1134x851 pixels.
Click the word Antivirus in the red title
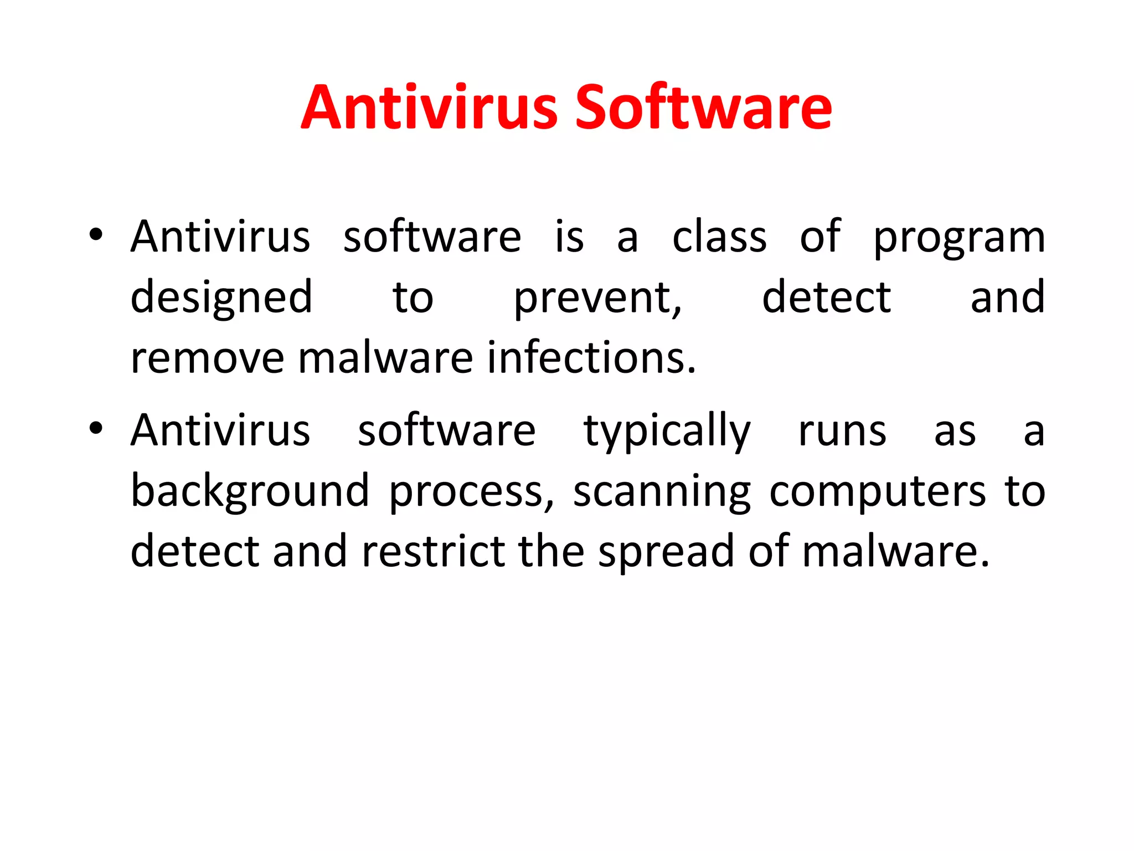click(429, 108)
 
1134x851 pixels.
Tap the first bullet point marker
click(96, 235)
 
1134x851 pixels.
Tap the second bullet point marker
click(96, 428)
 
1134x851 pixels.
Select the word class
click(719, 237)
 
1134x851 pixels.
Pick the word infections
click(591, 357)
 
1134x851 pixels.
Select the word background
click(250, 492)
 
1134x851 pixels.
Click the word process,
click(471, 492)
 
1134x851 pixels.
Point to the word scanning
click(662, 492)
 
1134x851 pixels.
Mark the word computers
click(878, 492)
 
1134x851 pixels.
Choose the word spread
click(666, 552)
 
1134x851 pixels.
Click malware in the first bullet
click(385, 358)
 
